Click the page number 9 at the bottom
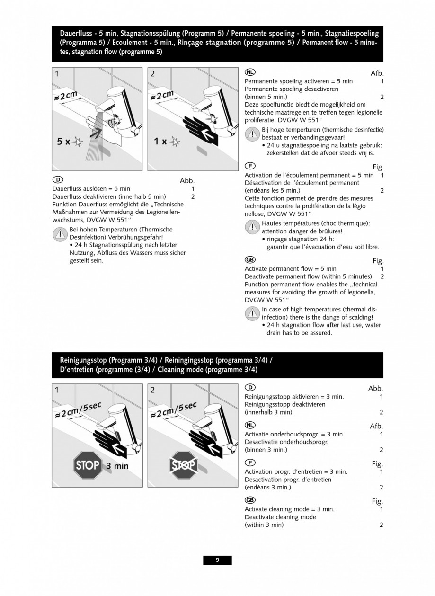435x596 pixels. (217, 560)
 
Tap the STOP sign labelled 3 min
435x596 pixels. (87, 465)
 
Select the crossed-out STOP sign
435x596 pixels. (184, 465)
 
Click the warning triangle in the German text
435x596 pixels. (60, 233)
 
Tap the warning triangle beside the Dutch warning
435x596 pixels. (252, 134)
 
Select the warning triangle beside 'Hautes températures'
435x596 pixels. (252, 227)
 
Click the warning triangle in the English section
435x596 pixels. (252, 313)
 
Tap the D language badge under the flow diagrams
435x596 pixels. (57, 180)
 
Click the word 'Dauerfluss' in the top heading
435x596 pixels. (76, 34)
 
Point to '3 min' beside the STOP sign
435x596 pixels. (117, 466)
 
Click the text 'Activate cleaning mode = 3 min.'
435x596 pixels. (289, 509)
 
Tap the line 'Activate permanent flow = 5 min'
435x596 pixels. (290, 268)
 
